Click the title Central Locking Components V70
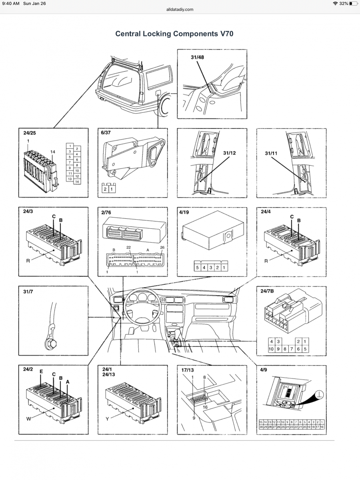[x=174, y=34]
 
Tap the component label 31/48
[x=197, y=57]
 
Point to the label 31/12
[x=230, y=153]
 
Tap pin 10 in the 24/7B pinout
[x=272, y=349]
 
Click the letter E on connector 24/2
[x=41, y=372]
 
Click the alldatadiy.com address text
[x=180, y=9]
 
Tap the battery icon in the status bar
[x=352, y=4]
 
